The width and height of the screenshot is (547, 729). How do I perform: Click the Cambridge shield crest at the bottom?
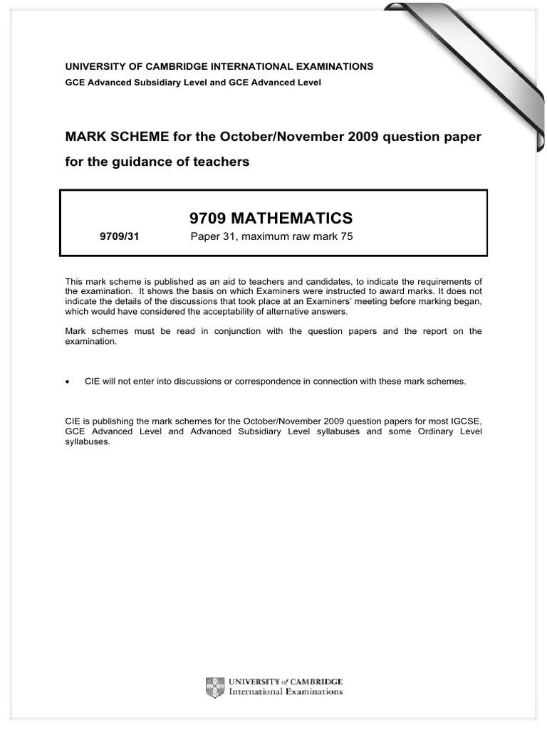coord(212,687)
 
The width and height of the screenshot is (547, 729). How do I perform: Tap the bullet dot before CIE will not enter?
coord(68,382)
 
